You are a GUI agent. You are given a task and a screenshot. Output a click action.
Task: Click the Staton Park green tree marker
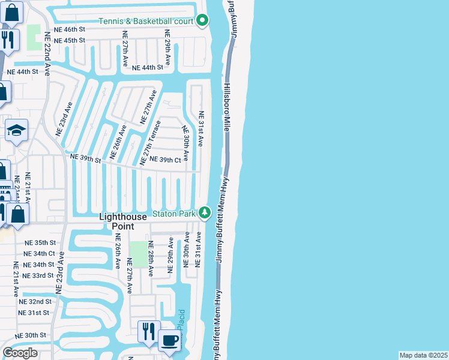(205, 213)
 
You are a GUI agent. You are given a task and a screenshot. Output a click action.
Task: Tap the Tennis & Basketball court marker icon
(203, 22)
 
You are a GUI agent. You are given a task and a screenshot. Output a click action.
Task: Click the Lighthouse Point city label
(123, 221)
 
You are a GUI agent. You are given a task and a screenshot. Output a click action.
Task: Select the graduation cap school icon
(16, 130)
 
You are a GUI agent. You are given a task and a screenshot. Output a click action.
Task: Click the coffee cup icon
(169, 340)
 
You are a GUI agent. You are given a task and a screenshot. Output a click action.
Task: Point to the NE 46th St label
(70, 29)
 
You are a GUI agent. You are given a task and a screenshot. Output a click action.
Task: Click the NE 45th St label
(70, 41)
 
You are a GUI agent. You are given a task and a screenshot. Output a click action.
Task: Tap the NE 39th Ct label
(165, 160)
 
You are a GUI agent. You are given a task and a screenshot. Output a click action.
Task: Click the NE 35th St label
(40, 243)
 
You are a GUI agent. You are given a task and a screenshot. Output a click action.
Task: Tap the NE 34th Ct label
(40, 254)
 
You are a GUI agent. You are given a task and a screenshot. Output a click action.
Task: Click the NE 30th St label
(31, 335)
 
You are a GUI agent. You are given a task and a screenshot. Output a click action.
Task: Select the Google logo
(20, 353)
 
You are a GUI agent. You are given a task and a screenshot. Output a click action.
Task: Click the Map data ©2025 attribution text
(423, 355)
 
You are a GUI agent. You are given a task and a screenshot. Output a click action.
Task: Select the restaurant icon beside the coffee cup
(148, 331)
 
